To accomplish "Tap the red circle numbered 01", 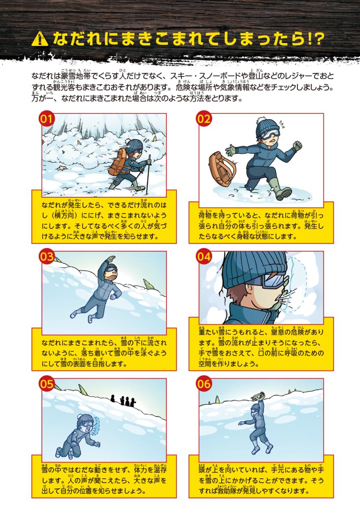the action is pos(47,119).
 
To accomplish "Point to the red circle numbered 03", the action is pos(47,257).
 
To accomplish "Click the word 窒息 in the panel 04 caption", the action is pos(282,332).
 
